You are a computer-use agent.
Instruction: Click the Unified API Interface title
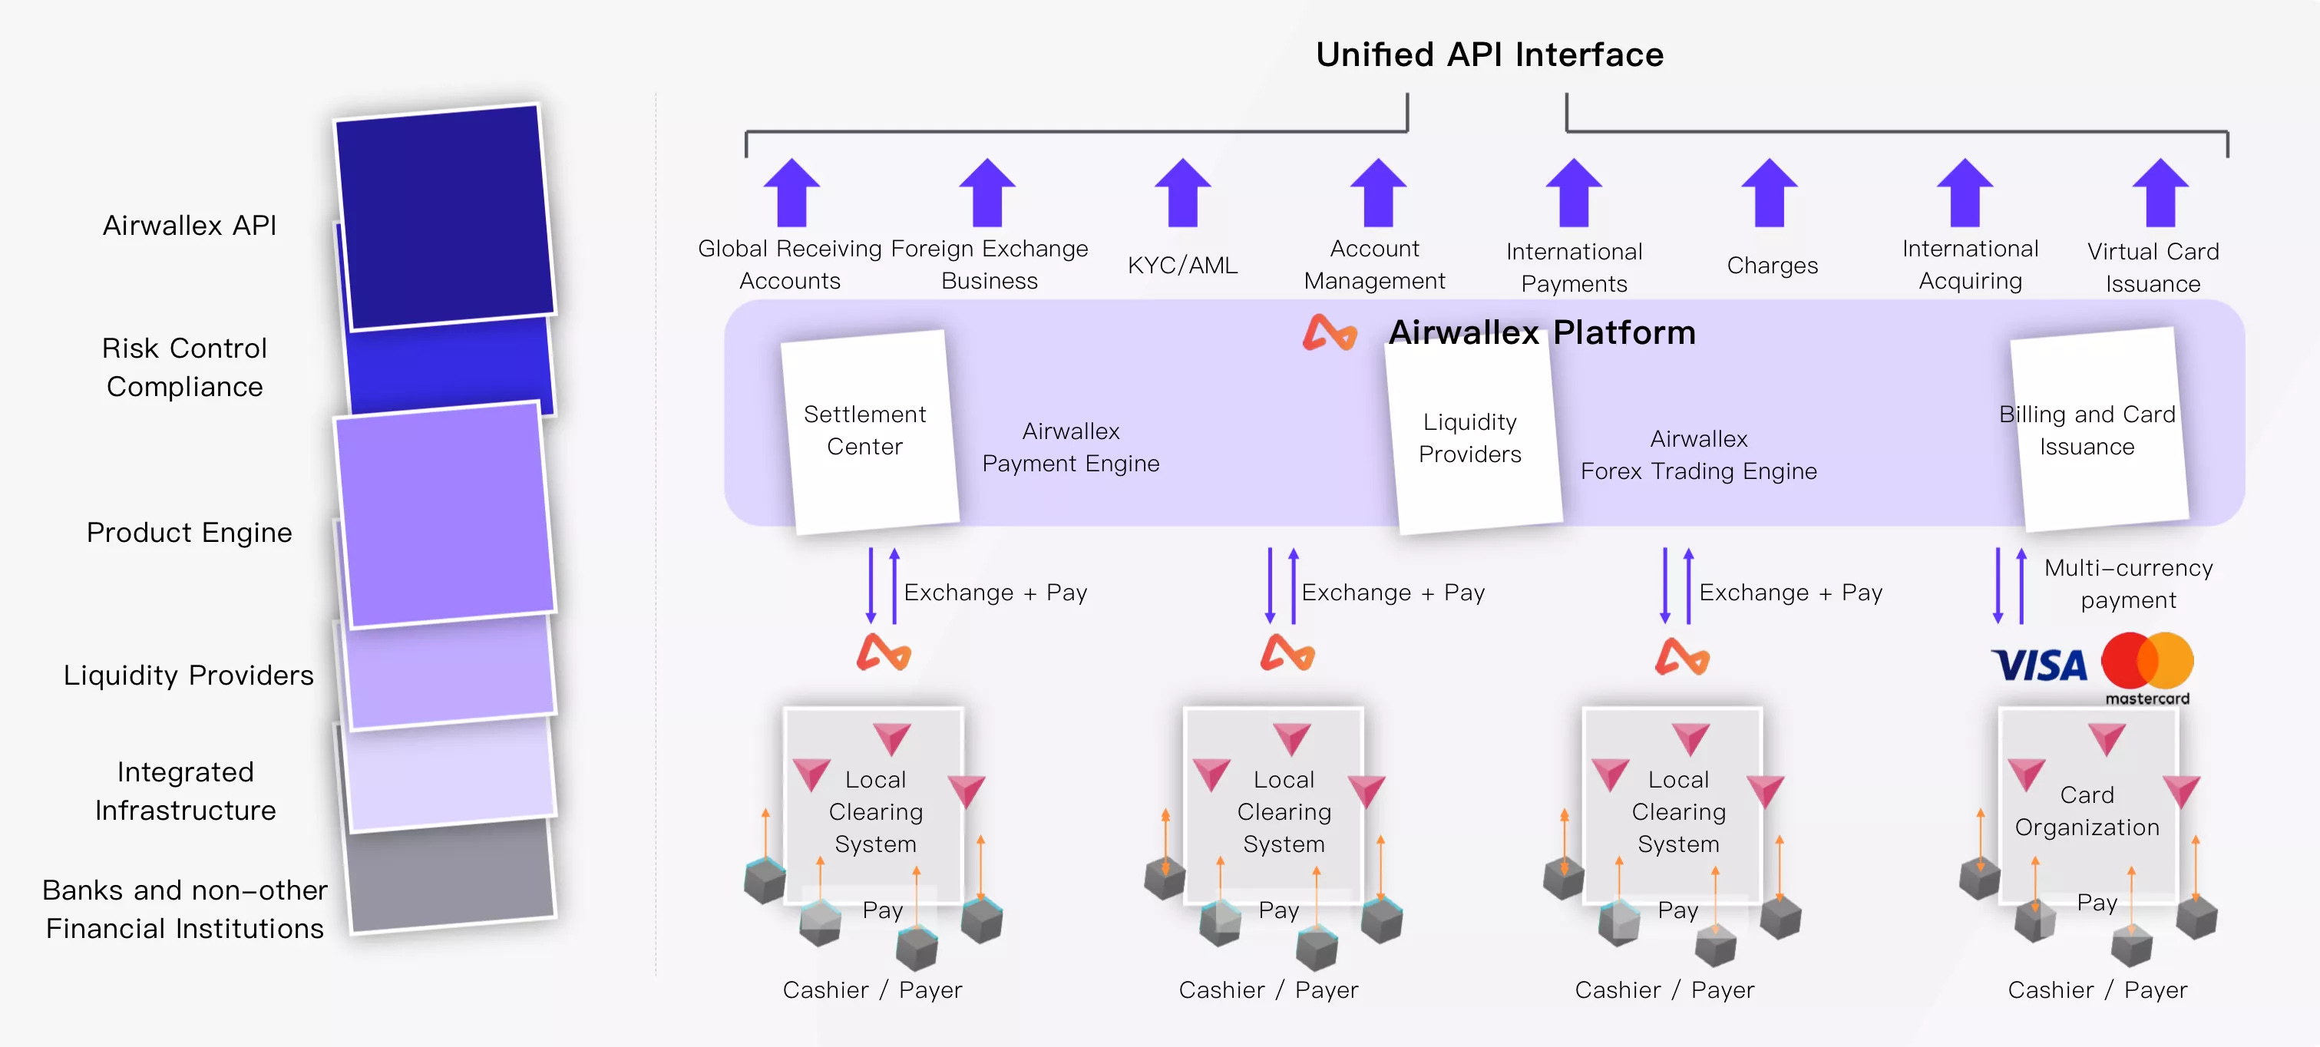[x=1489, y=55]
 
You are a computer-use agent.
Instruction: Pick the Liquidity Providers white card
[x=1472, y=438]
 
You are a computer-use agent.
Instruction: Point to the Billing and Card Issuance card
[x=2098, y=431]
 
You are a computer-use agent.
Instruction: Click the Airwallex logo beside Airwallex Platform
[x=1330, y=333]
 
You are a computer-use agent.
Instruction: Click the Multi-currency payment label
[x=2127, y=584]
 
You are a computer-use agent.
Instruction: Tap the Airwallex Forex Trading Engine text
[x=1699, y=454]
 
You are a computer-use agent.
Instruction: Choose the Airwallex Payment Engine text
[x=1070, y=447]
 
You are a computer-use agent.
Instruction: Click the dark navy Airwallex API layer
[x=445, y=216]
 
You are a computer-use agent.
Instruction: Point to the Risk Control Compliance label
[x=184, y=368]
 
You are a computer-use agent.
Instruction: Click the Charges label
[x=1772, y=266]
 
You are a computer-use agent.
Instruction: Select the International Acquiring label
[x=1970, y=265]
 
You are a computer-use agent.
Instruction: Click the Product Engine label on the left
[x=189, y=533]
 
